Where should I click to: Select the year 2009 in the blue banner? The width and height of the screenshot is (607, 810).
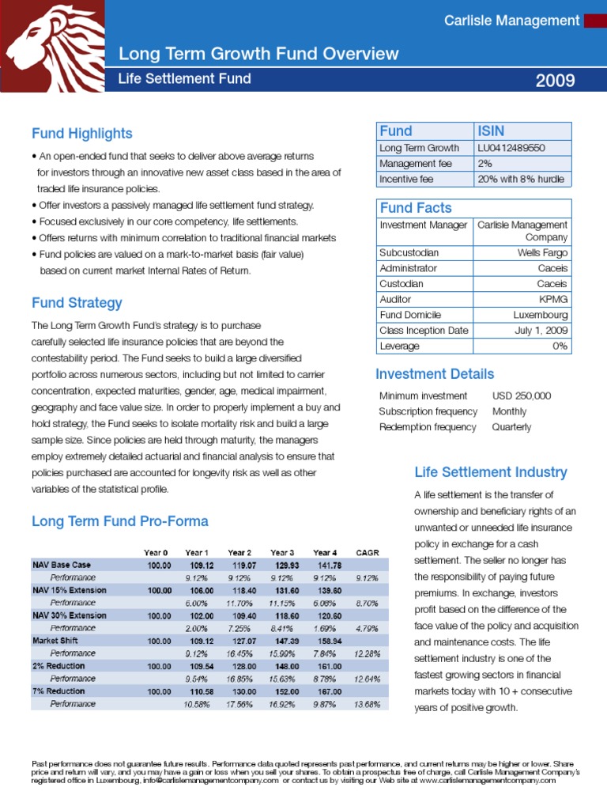point(555,81)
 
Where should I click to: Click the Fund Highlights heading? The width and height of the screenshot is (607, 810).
point(81,134)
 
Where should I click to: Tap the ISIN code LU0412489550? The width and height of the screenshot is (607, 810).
point(511,148)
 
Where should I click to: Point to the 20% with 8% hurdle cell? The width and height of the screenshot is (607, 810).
point(521,179)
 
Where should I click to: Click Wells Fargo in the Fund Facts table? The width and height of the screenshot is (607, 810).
point(542,253)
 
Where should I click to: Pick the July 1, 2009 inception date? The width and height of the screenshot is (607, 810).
point(541,331)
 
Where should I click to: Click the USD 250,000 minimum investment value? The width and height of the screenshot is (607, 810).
point(521,396)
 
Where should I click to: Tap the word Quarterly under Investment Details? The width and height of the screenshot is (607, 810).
point(511,427)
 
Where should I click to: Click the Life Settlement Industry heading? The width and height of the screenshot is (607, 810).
point(490,472)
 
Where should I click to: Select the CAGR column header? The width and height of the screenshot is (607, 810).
point(368,552)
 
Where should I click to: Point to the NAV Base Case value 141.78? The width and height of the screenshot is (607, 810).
point(326,565)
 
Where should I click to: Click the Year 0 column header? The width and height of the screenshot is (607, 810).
point(155,552)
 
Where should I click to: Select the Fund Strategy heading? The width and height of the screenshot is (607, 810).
point(77,303)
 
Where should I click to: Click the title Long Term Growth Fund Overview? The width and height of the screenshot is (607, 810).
point(258,54)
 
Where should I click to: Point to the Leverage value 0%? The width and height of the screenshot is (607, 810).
point(560,346)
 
